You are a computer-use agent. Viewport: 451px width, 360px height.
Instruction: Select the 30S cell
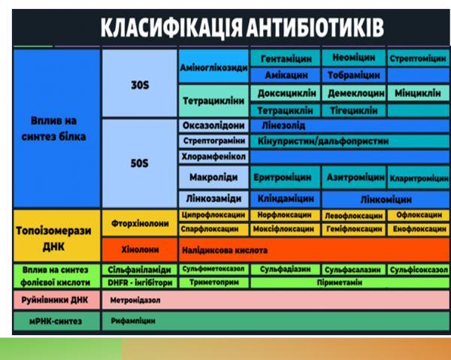click(x=139, y=85)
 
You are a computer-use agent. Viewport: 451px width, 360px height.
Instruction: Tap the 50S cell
click(x=139, y=162)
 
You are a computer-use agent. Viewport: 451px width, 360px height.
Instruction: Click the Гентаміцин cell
click(x=286, y=59)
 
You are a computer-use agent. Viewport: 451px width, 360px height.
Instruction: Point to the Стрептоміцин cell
click(x=419, y=59)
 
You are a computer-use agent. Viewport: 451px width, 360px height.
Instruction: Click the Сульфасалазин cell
click(x=353, y=268)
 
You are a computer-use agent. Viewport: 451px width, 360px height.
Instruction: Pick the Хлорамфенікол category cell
click(x=213, y=156)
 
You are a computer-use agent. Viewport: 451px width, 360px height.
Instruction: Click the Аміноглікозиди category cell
click(x=213, y=68)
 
